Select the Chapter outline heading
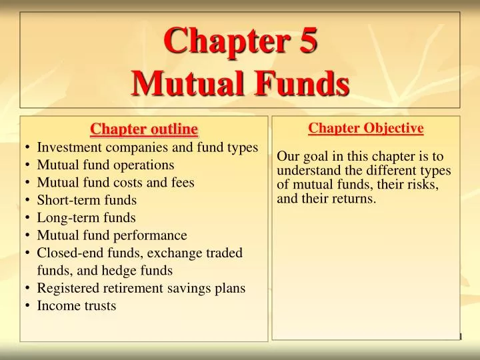(x=144, y=128)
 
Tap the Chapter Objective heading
(x=366, y=128)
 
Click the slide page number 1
(x=460, y=336)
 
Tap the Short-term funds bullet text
(x=87, y=200)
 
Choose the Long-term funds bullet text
(x=86, y=217)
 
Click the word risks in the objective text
(x=423, y=185)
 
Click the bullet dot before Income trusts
(x=26, y=306)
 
